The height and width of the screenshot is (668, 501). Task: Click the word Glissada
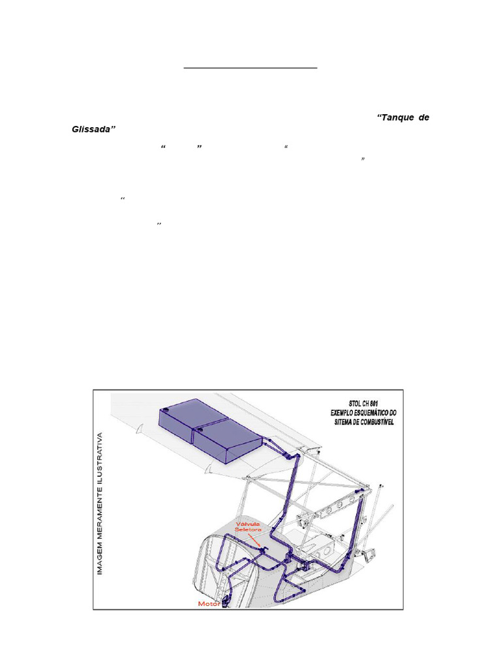coord(93,129)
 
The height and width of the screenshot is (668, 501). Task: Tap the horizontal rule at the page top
coord(250,67)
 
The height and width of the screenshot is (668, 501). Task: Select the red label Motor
coord(209,603)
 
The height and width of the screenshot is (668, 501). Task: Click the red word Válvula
coord(250,521)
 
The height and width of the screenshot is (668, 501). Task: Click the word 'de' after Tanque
coord(423,117)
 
